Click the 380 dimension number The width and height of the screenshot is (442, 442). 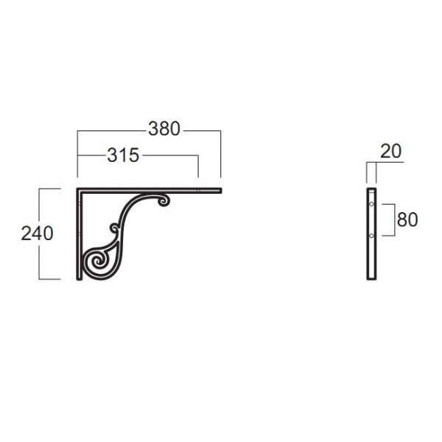(x=164, y=129)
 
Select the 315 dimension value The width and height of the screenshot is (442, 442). (x=123, y=155)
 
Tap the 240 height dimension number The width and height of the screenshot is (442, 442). (x=38, y=234)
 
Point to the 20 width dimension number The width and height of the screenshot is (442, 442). (x=390, y=151)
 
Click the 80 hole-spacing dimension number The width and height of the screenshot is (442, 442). (x=407, y=220)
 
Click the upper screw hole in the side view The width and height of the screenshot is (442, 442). (x=371, y=204)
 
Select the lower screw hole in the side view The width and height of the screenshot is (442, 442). (x=371, y=236)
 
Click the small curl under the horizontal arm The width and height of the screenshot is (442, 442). (x=164, y=200)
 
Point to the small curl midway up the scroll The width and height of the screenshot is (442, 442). (x=115, y=228)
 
